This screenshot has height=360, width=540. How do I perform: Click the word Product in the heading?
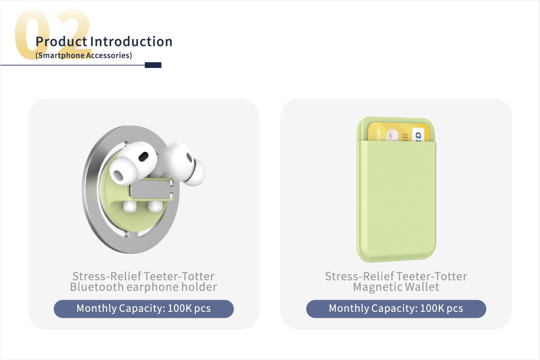click(x=61, y=41)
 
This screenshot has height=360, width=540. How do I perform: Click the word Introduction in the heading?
click(x=131, y=41)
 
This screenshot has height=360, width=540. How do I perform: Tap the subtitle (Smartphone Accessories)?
click(x=84, y=55)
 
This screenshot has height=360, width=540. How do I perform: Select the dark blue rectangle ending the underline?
click(x=153, y=65)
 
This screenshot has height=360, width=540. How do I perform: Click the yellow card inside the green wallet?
click(x=399, y=131)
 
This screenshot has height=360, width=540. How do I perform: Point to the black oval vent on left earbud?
click(x=144, y=157)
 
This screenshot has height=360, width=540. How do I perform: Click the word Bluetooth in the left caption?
click(x=97, y=287)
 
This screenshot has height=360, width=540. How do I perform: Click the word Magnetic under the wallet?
click(x=378, y=288)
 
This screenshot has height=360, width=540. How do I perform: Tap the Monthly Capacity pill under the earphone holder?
click(x=144, y=309)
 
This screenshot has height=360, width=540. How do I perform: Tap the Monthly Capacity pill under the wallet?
click(x=396, y=309)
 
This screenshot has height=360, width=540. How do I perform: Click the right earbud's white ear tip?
click(x=196, y=172)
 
